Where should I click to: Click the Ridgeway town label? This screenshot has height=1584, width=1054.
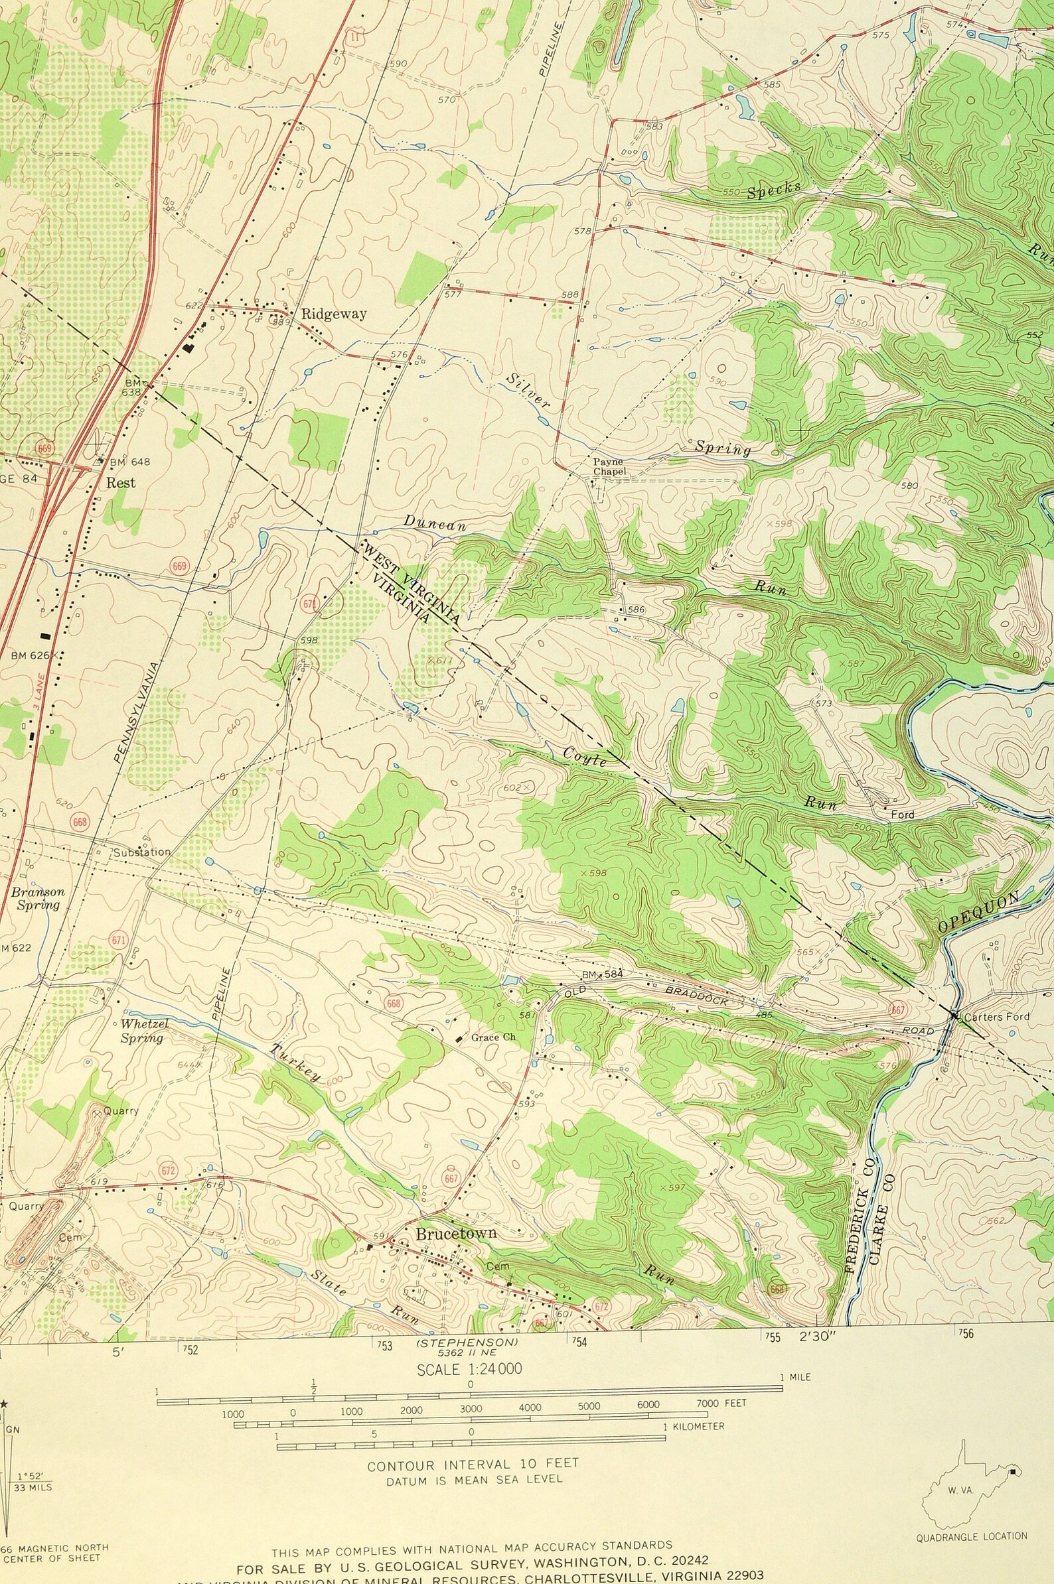333,314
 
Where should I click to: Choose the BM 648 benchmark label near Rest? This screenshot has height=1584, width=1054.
129,462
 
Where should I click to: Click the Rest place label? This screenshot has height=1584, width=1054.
121,482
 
